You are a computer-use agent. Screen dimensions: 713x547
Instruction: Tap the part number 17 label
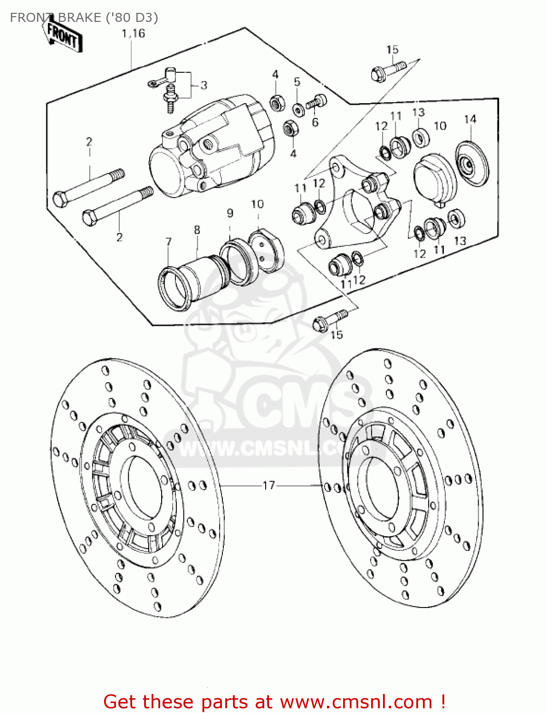pyautogui.click(x=269, y=485)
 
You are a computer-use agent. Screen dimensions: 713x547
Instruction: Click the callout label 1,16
pyautogui.click(x=133, y=34)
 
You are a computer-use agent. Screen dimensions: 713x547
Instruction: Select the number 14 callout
pyautogui.click(x=470, y=119)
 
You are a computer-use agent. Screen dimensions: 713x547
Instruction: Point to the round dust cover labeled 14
pyautogui.click(x=471, y=164)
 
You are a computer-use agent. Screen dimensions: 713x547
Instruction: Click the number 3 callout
pyautogui.click(x=204, y=86)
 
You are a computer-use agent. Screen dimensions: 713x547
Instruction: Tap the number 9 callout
pyautogui.click(x=230, y=213)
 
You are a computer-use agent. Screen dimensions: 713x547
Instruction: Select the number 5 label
pyautogui.click(x=297, y=82)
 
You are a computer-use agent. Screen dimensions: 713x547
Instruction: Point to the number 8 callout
pyautogui.click(x=197, y=230)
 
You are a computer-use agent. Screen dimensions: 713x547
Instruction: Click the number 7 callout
pyautogui.click(x=168, y=242)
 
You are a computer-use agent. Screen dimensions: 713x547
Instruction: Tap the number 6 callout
pyautogui.click(x=315, y=122)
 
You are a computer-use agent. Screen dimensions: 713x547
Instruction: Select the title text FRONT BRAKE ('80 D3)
pyautogui.click(x=84, y=18)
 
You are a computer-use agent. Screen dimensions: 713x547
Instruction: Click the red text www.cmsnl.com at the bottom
pyautogui.click(x=355, y=702)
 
